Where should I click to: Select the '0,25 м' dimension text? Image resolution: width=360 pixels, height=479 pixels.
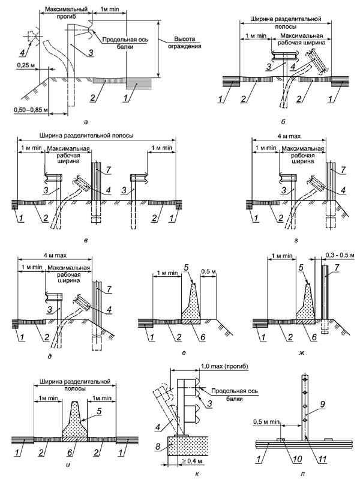point(25,65)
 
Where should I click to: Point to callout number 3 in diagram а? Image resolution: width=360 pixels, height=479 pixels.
point(91,53)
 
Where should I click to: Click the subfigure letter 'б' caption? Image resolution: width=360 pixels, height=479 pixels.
point(283,122)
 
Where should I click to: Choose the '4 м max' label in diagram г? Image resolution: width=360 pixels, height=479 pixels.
point(289,136)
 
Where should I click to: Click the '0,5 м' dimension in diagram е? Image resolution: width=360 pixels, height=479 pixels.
point(208,271)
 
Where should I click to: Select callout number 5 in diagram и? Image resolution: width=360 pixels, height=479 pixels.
point(98,411)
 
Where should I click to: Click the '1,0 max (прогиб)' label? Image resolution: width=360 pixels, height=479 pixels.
point(224,366)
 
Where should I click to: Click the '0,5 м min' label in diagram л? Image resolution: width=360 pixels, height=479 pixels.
point(266,422)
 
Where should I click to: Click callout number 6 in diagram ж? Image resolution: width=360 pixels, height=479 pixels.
point(313,337)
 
